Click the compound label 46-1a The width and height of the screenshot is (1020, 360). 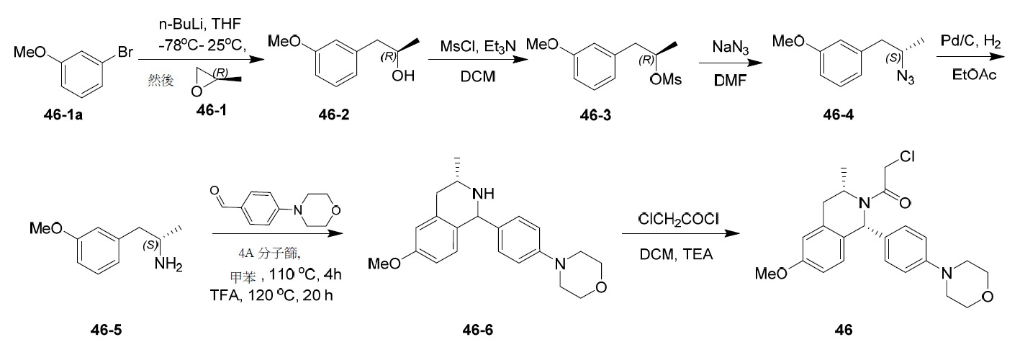[x=63, y=114]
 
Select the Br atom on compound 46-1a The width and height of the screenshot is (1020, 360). [x=125, y=52]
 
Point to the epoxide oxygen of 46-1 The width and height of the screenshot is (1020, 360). [x=197, y=91]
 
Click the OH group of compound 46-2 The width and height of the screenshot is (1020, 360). [x=403, y=76]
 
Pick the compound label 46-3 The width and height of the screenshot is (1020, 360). [x=595, y=115]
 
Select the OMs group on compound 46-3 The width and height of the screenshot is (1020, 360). [x=665, y=79]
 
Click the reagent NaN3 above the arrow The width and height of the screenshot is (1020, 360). [x=731, y=47]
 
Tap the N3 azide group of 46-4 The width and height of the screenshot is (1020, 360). [x=906, y=77]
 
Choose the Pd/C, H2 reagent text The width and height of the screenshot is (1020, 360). [x=970, y=42]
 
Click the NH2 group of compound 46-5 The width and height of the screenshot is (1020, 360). [x=168, y=264]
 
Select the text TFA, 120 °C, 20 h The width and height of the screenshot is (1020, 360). [x=271, y=295]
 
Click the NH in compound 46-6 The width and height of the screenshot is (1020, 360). [x=483, y=194]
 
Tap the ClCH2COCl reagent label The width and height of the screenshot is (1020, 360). [x=678, y=219]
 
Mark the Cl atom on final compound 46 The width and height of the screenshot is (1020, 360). [x=907, y=156]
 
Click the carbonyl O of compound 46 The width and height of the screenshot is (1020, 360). [x=904, y=203]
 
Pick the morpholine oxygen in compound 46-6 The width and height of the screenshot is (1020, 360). [x=601, y=287]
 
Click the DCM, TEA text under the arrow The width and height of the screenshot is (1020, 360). [x=676, y=254]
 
